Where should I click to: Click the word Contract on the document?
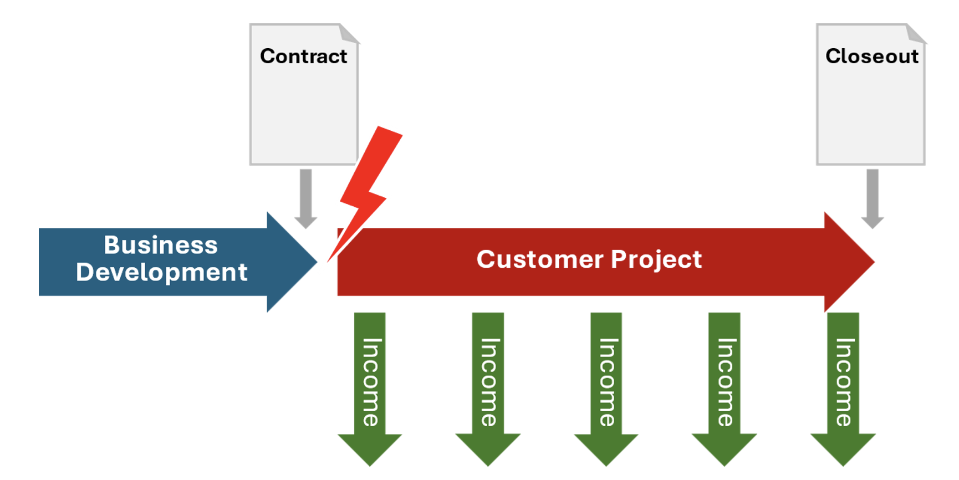pyautogui.click(x=303, y=57)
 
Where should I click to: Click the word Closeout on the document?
pyautogui.click(x=871, y=57)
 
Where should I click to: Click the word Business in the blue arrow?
pyautogui.click(x=161, y=246)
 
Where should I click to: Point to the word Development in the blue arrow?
pyautogui.click(x=161, y=273)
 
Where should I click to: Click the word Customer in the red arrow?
pyautogui.click(x=539, y=260)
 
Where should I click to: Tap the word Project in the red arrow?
pyautogui.click(x=656, y=260)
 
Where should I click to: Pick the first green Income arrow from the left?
pyautogui.click(x=370, y=382)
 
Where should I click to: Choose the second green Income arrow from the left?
pyautogui.click(x=488, y=382)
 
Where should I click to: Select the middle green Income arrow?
pyautogui.click(x=606, y=382)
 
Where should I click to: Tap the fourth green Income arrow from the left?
pyautogui.click(x=724, y=382)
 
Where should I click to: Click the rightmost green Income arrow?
pyautogui.click(x=843, y=382)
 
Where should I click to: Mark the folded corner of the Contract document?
pyautogui.click(x=350, y=33)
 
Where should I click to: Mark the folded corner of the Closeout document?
pyautogui.click(x=917, y=33)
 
